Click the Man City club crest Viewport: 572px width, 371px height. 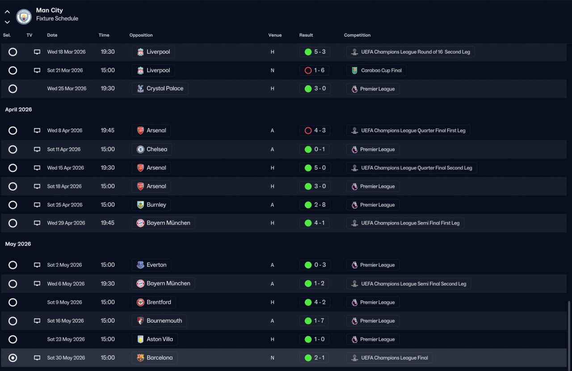[24, 17]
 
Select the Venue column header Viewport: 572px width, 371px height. [275, 35]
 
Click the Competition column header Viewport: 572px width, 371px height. [357, 35]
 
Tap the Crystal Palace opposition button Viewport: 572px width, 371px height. [160, 89]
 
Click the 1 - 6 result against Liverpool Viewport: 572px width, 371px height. [315, 70]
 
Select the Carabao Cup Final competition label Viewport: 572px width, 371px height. [376, 70]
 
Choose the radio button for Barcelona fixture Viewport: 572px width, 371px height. [13, 358]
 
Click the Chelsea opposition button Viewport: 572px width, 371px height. [152, 149]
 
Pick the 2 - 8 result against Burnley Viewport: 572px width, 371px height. [315, 205]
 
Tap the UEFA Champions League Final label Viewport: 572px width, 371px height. [389, 358]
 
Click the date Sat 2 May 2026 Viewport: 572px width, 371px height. [64, 265]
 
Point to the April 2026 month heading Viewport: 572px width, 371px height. [18, 110]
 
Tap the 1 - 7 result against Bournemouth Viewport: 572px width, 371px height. [315, 321]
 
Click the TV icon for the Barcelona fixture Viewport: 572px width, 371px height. [37, 358]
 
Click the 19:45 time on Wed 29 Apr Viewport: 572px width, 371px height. [107, 223]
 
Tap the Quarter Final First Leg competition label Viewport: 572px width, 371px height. [408, 131]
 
